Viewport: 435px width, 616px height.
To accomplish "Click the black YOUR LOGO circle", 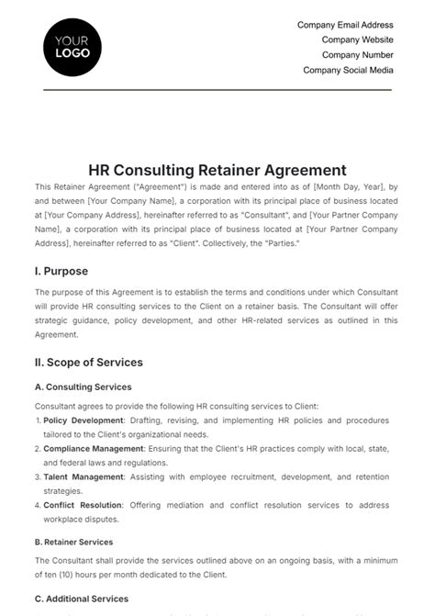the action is [x=72, y=46].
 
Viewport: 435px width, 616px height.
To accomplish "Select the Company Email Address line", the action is [x=345, y=26].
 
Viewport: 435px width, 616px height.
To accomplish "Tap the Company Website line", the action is [x=357, y=40].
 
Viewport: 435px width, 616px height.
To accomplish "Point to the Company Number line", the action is [x=357, y=55].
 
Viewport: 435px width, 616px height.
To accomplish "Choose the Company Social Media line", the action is [x=348, y=70].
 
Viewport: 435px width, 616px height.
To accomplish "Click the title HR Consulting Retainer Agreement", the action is [x=217, y=170].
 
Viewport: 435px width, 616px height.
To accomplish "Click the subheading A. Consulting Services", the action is [x=83, y=387].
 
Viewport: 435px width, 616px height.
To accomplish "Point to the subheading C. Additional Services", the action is [x=82, y=599].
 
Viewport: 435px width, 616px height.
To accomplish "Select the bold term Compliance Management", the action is [x=96, y=449].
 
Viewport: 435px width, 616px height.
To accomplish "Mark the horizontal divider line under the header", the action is [x=217, y=89].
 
